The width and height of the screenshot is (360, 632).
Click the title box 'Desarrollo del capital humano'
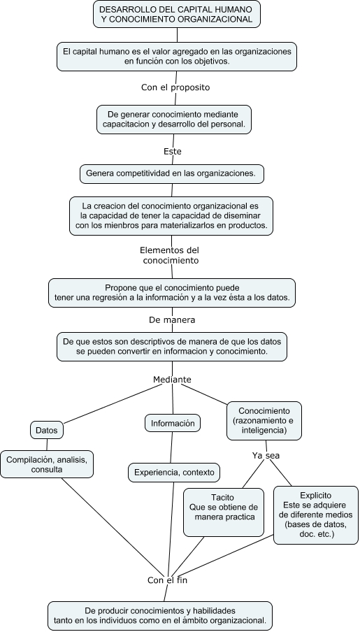click(x=176, y=14)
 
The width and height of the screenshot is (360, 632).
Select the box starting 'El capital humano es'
click(x=176, y=56)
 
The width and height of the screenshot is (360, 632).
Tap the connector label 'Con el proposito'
click(x=175, y=87)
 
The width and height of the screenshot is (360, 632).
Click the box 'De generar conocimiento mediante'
click(x=173, y=118)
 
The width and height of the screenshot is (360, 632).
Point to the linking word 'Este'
click(x=172, y=150)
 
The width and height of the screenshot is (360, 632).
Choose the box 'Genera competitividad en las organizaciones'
click(x=171, y=173)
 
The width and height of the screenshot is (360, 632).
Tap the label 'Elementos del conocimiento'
click(x=170, y=254)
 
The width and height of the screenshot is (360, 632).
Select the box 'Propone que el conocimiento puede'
click(x=172, y=292)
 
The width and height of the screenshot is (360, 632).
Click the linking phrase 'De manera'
click(x=172, y=319)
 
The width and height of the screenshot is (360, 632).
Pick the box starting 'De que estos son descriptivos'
click(x=172, y=346)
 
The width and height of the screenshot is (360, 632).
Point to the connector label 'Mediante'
click(x=172, y=379)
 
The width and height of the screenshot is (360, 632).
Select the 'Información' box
click(x=173, y=422)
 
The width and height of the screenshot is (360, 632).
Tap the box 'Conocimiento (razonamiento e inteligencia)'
click(x=264, y=419)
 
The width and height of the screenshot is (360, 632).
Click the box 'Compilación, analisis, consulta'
click(x=48, y=464)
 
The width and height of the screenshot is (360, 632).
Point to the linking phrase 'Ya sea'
click(x=266, y=455)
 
